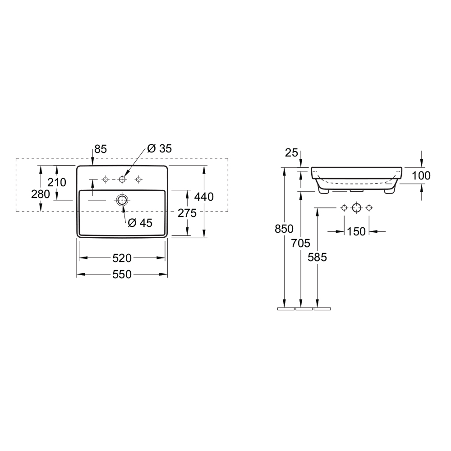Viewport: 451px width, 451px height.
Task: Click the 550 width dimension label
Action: [x=122, y=274]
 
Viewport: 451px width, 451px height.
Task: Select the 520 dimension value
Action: [x=122, y=258]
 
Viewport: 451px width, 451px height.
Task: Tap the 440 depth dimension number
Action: [x=204, y=197]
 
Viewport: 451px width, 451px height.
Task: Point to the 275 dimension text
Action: [x=187, y=213]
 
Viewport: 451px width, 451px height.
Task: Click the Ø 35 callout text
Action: [x=159, y=148]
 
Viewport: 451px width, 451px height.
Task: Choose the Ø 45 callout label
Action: [x=140, y=223]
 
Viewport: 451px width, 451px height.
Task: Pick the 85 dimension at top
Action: [x=101, y=149]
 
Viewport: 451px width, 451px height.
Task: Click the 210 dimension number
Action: [x=57, y=182]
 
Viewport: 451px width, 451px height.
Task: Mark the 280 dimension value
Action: [x=41, y=194]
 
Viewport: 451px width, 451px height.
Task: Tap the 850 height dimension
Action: [x=284, y=229]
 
